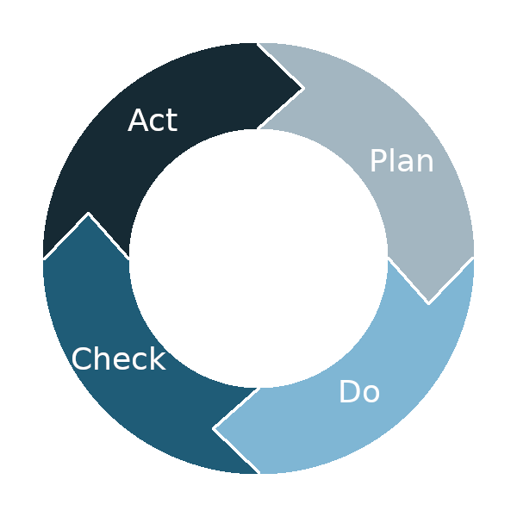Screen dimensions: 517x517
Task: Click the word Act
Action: tap(153, 120)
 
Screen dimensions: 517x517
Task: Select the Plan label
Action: tap(402, 160)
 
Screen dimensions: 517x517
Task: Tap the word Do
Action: tap(359, 391)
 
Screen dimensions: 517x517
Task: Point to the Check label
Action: tap(118, 358)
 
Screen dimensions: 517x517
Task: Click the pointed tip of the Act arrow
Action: tap(302, 88)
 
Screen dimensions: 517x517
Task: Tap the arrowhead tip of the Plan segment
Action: tap(428, 302)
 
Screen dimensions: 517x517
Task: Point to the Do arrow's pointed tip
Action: tap(215, 428)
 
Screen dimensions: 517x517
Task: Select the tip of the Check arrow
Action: tap(88, 215)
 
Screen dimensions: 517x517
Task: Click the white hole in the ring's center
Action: tap(258, 258)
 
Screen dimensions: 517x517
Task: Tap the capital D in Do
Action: tap(349, 391)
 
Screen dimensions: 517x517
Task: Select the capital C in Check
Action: tap(81, 358)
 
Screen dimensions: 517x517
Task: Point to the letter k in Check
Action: tap(159, 358)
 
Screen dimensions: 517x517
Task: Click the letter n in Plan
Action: tap(425, 163)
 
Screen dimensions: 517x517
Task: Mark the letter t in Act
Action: tap(173, 121)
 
